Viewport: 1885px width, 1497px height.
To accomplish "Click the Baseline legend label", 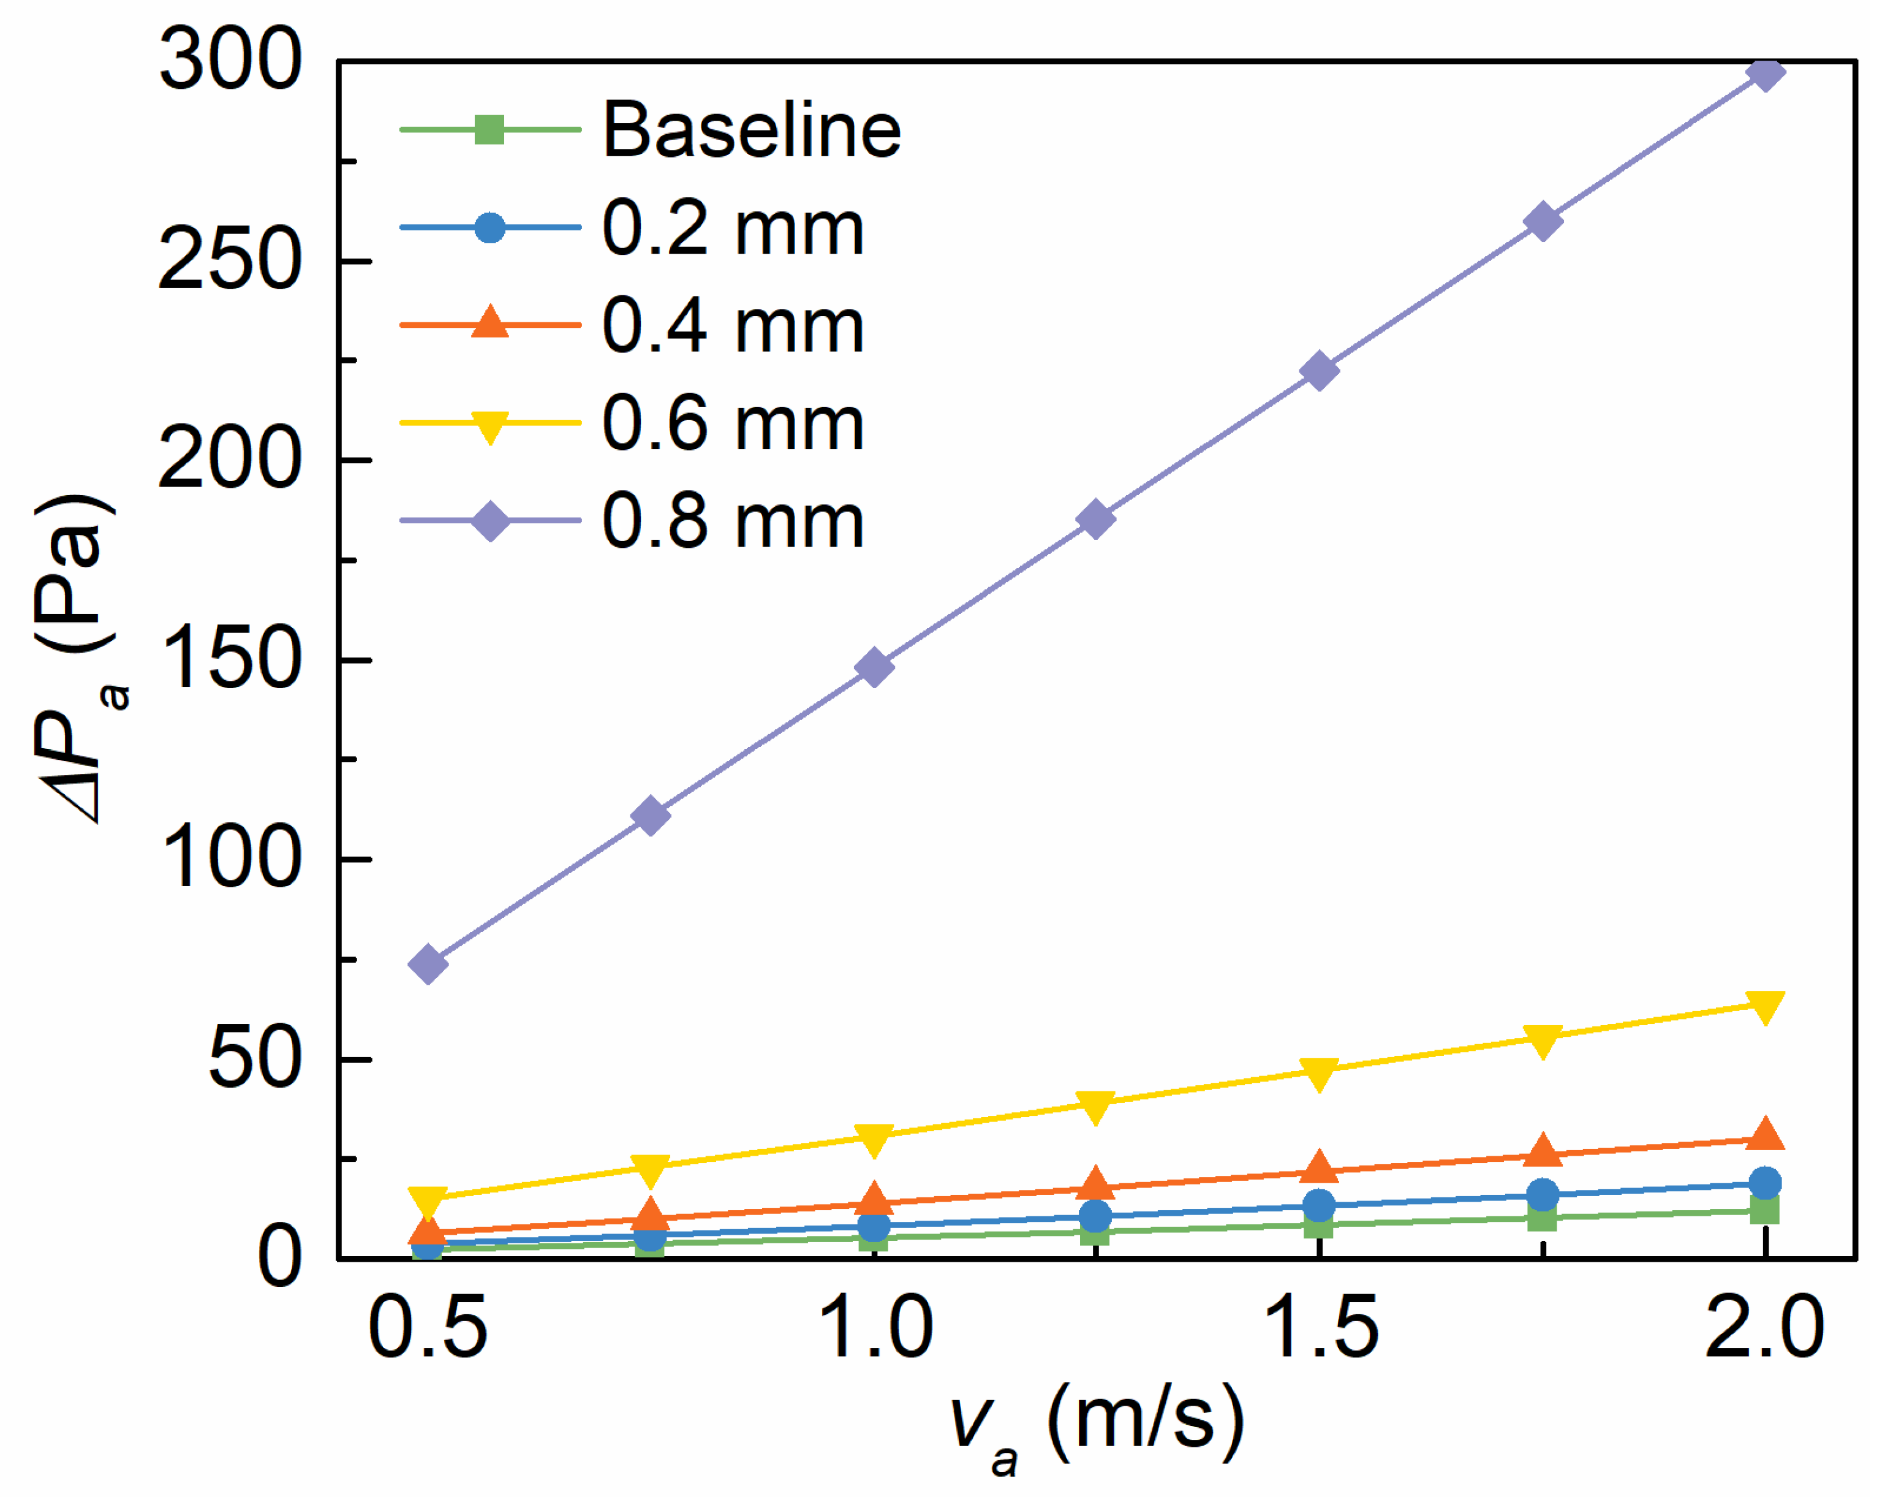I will click(752, 131).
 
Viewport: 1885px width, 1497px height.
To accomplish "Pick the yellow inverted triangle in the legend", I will click(489, 425).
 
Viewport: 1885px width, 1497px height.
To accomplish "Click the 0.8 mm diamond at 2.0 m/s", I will click(1764, 72).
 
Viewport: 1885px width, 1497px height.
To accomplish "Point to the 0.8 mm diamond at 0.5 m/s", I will click(428, 964).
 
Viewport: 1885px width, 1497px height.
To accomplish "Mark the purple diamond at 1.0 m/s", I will click(874, 668).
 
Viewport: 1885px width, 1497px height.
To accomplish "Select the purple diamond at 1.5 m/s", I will click(1318, 371).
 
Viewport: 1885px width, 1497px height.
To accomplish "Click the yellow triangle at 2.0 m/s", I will click(1764, 1006).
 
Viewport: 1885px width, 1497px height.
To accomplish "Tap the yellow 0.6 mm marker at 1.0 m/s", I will click(874, 1139).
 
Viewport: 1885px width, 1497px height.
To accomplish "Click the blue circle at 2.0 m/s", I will click(1764, 1183).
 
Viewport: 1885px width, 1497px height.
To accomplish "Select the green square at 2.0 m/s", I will click(1764, 1210).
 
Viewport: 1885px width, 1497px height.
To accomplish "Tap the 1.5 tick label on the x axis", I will click(1320, 1327).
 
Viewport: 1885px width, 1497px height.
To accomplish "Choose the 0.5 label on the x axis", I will click(428, 1327).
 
